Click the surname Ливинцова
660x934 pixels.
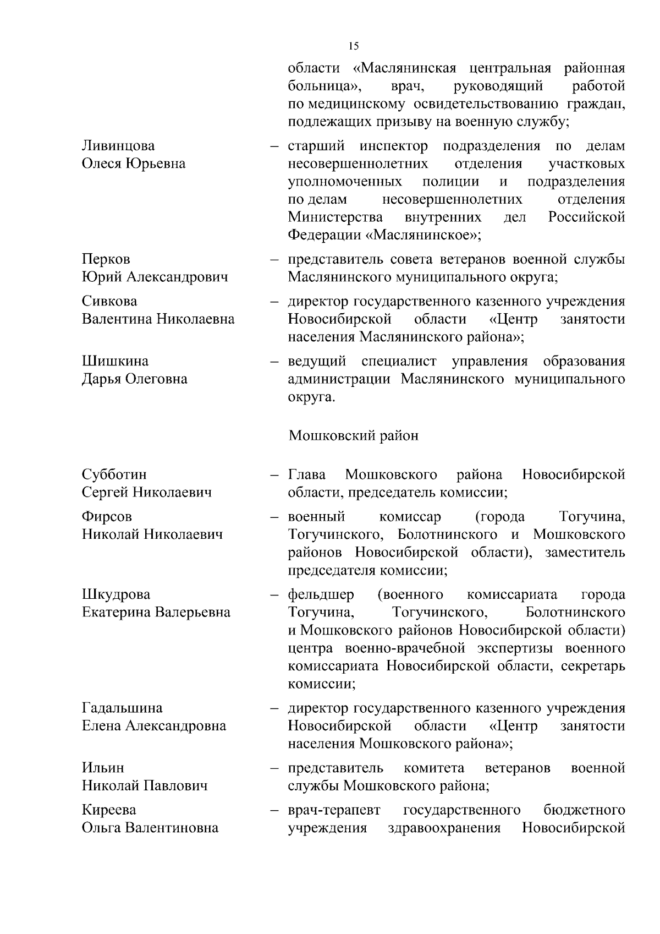tap(118, 146)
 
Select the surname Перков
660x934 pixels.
tap(106, 259)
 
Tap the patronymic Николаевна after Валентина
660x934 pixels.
tap(195, 319)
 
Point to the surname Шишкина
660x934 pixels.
tap(115, 361)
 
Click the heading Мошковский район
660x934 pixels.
tap(353, 436)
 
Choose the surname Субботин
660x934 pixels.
tap(114, 474)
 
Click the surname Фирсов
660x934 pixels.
tap(107, 517)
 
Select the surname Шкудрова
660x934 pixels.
tap(116, 595)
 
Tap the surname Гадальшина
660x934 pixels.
tap(122, 708)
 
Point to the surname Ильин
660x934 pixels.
tap(103, 768)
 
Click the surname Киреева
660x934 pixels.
tap(109, 810)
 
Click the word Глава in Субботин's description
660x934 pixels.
tap(307, 474)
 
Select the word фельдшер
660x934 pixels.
tap(321, 595)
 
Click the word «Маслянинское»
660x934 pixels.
tap(423, 236)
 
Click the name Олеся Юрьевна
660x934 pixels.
tap(134, 164)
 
